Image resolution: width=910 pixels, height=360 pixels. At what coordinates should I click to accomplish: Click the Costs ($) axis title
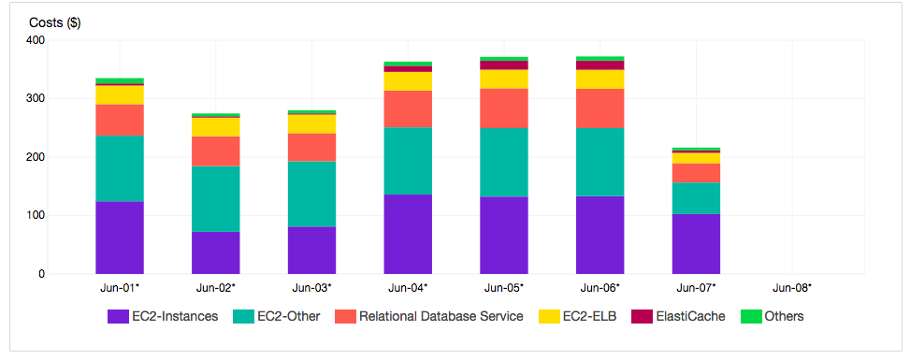click(54, 23)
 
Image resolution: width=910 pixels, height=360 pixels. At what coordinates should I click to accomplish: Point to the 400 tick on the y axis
click(36, 40)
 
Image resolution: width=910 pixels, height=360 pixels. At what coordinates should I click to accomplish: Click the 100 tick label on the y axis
click(36, 216)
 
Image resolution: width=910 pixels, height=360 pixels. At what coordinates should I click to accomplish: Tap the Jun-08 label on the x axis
click(790, 288)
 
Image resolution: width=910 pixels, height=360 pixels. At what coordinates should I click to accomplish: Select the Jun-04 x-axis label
click(407, 288)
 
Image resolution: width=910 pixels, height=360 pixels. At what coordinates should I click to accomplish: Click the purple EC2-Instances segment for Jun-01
click(120, 238)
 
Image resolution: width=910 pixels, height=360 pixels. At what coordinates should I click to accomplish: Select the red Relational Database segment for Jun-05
click(503, 108)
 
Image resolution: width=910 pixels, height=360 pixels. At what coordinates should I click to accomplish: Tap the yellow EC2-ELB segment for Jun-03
click(311, 123)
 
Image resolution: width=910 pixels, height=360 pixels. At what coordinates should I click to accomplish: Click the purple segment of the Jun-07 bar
click(696, 244)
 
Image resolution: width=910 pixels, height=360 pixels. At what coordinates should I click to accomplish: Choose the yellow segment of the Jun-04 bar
click(408, 81)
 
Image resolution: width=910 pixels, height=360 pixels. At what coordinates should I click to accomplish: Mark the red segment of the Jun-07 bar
click(696, 173)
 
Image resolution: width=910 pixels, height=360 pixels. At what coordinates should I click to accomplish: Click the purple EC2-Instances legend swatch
click(118, 317)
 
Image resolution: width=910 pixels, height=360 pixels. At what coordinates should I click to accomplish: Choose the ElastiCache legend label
click(690, 317)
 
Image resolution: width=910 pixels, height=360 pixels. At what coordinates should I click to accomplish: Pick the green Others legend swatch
click(750, 317)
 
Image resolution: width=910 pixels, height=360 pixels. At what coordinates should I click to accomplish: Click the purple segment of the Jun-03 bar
click(311, 250)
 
